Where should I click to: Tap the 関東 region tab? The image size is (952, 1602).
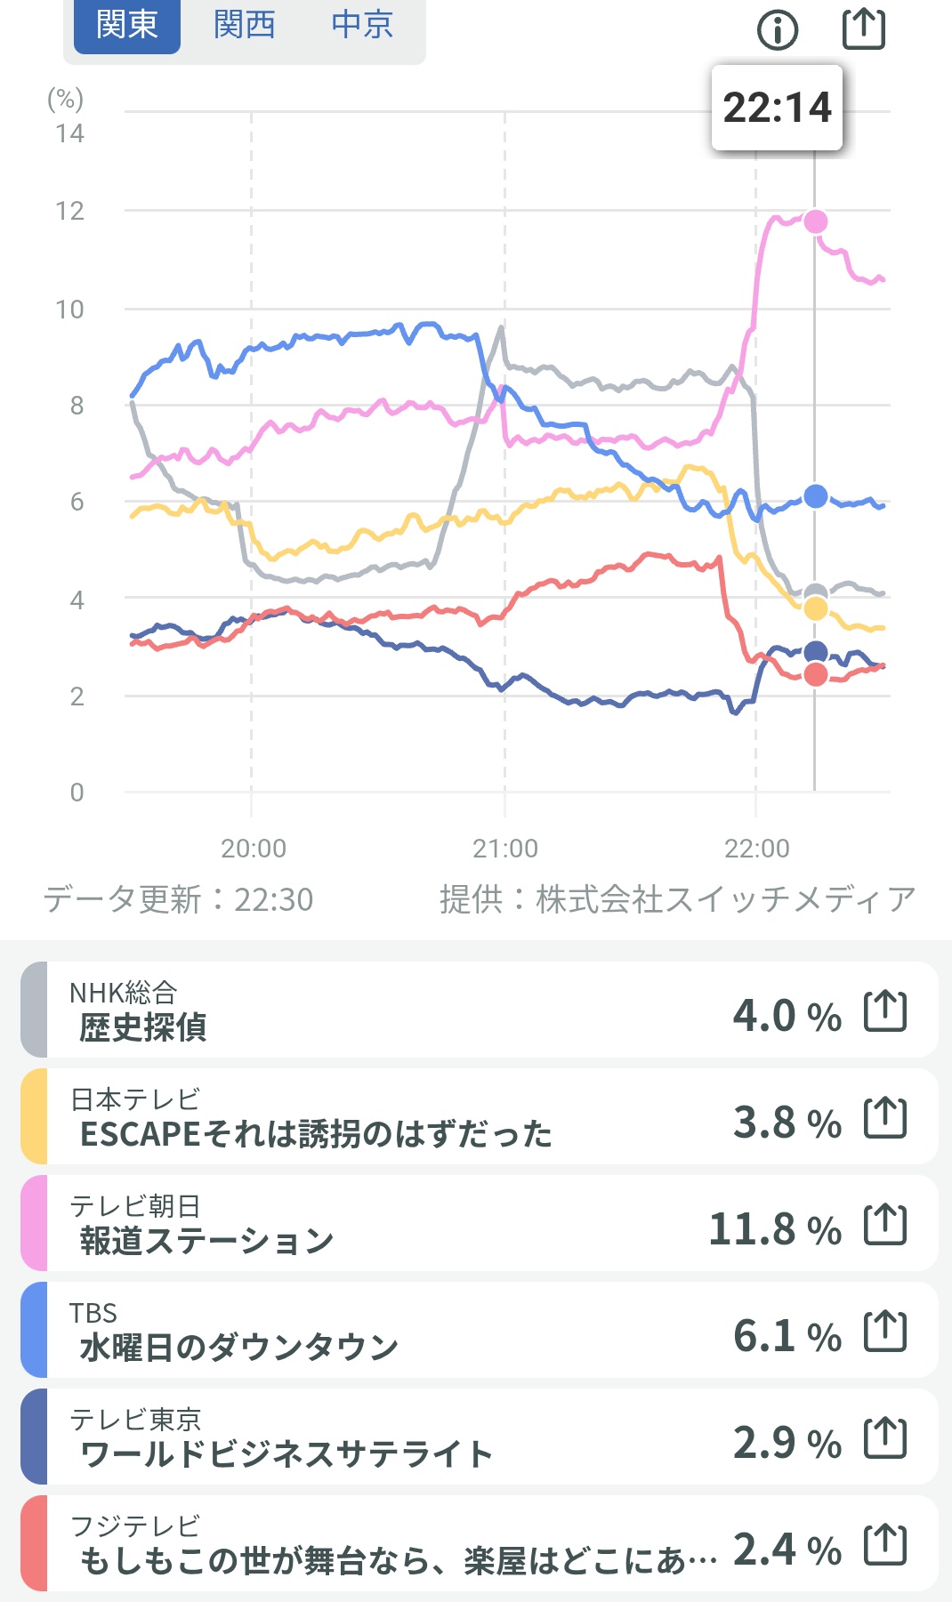tap(126, 25)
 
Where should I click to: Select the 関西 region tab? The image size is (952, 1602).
tap(245, 25)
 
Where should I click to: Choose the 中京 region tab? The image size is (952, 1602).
tap(362, 25)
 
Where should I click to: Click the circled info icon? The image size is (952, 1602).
tap(778, 30)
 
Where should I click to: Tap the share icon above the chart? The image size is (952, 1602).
tap(863, 28)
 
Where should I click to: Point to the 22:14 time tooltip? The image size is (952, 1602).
tap(777, 108)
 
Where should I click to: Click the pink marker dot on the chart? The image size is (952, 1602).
tap(816, 221)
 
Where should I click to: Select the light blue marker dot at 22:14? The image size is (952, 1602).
tap(816, 496)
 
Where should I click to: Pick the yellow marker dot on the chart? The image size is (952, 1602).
tap(816, 609)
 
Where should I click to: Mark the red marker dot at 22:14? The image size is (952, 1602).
tap(816, 675)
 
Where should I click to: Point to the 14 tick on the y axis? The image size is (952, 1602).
tap(69, 133)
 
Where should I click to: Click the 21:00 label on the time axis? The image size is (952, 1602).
tap(505, 849)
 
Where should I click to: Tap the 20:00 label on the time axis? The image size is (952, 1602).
tap(254, 849)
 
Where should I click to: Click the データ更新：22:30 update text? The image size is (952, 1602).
tap(179, 900)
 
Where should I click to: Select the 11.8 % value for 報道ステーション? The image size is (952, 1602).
tap(774, 1229)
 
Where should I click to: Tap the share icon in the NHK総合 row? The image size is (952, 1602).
tap(885, 1011)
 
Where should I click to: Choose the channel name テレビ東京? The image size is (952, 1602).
tap(135, 1419)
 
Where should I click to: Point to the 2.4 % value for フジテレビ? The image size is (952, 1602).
tap(787, 1550)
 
